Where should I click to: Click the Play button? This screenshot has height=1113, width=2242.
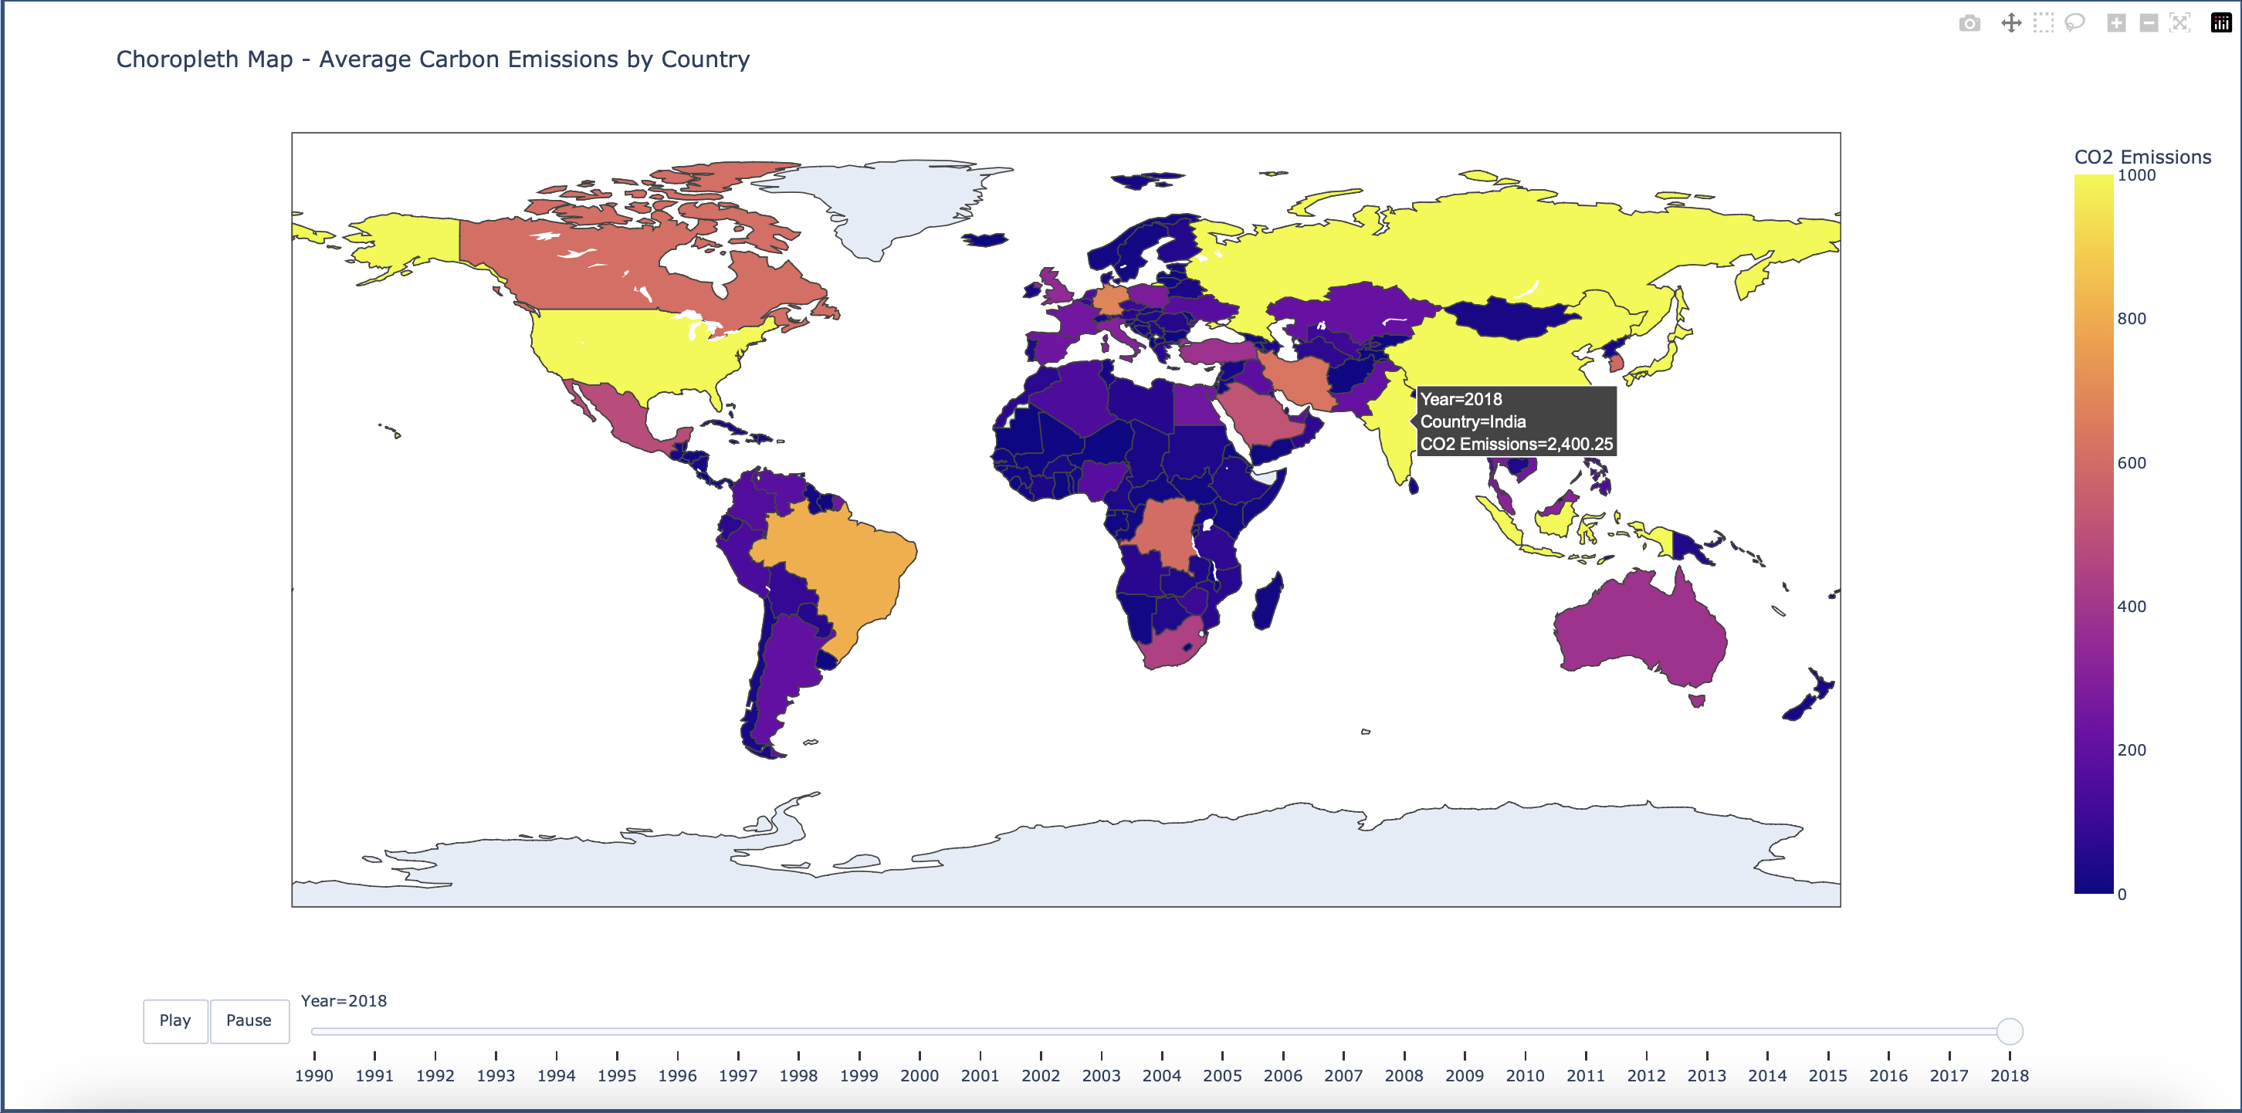pyautogui.click(x=175, y=1020)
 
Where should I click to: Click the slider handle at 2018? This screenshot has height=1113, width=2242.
pyautogui.click(x=2009, y=1031)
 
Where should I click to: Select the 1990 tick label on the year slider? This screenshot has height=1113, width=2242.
pyautogui.click(x=313, y=1076)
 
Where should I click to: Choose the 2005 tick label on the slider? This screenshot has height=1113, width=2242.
pyautogui.click(x=1222, y=1076)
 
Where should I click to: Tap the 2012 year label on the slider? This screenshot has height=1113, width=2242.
pyautogui.click(x=1646, y=1076)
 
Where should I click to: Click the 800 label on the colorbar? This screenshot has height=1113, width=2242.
pyautogui.click(x=2132, y=319)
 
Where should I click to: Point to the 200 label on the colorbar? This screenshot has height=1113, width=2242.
pyautogui.click(x=2132, y=750)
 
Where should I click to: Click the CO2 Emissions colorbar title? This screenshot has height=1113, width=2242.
pyautogui.click(x=2142, y=157)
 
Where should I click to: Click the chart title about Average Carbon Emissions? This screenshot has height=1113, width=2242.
pyautogui.click(x=432, y=59)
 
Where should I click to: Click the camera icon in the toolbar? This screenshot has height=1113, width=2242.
pyautogui.click(x=1969, y=23)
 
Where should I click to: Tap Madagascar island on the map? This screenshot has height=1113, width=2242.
pyautogui.click(x=1267, y=601)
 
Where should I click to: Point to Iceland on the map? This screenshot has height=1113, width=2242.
pyautogui.click(x=984, y=238)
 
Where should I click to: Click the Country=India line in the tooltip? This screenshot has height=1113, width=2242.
pyautogui.click(x=1472, y=421)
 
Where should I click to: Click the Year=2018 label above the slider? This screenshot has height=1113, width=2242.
pyautogui.click(x=344, y=1001)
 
